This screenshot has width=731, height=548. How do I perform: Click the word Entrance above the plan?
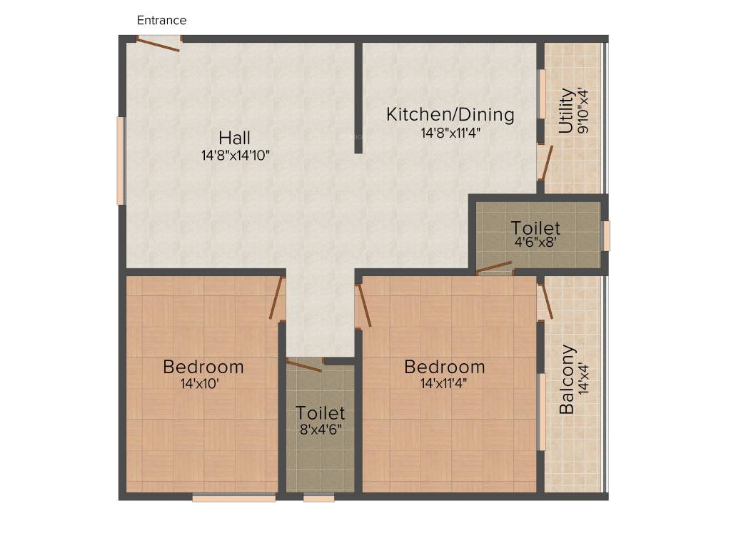coord(161,20)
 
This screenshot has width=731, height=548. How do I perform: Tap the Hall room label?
coord(234,137)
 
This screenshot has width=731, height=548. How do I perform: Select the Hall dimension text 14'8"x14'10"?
coord(236,154)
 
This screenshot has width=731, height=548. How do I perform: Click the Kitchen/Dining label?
coord(450,114)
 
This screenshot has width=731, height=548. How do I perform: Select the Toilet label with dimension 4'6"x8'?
coord(535,228)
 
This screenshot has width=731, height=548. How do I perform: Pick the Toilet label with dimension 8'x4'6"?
coord(321,413)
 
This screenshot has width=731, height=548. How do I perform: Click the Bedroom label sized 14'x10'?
coord(203,367)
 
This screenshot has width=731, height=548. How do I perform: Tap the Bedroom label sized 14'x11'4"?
coord(444,367)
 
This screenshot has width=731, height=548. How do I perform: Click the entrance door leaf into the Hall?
coord(158,45)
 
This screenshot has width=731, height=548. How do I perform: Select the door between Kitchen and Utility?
coord(545,163)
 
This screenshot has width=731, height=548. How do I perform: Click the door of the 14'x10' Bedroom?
coord(277,298)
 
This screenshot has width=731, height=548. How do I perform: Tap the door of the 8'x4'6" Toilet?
coord(304,366)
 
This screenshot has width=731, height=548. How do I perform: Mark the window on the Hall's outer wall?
coord(121,161)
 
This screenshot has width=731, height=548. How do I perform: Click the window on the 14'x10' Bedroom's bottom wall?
coord(233,498)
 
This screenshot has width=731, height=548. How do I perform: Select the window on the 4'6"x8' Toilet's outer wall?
coord(606,235)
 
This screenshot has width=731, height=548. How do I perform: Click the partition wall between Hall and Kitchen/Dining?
coord(358,98)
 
